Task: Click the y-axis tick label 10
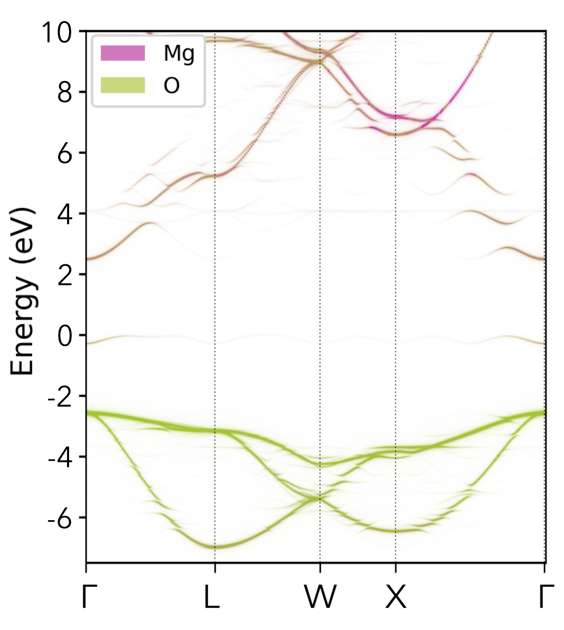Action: pyautogui.click(x=56, y=32)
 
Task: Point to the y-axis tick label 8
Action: pyautogui.click(x=64, y=93)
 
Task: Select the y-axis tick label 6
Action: pyautogui.click(x=64, y=154)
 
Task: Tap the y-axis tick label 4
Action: pyautogui.click(x=64, y=214)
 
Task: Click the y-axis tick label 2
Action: pyautogui.click(x=64, y=275)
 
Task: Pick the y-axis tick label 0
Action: pyautogui.click(x=64, y=336)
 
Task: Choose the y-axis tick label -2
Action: pyautogui.click(x=60, y=397)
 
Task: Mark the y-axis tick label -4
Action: pyautogui.click(x=60, y=458)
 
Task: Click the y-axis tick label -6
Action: pyautogui.click(x=60, y=518)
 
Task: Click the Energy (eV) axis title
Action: pyautogui.click(x=22, y=291)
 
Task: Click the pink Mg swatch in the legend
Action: pyautogui.click(x=123, y=53)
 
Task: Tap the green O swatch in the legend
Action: pyautogui.click(x=123, y=85)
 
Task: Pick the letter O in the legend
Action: pyautogui.click(x=171, y=86)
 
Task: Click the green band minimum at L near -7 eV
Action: pyautogui.click(x=215, y=546)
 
